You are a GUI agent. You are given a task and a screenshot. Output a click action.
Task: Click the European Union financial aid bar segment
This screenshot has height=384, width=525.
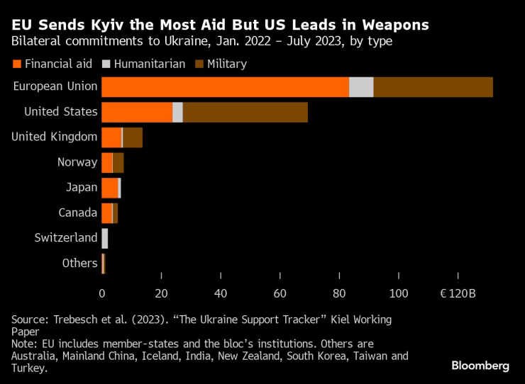pos(225,86)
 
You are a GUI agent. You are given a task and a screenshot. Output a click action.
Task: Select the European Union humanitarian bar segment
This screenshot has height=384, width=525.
pos(361,86)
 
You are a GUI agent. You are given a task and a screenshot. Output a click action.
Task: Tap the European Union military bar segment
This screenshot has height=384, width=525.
pos(433,86)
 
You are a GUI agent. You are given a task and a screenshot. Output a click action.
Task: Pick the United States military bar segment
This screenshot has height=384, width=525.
pos(245,112)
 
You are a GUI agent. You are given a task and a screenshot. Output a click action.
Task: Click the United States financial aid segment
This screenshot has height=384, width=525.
pos(137,112)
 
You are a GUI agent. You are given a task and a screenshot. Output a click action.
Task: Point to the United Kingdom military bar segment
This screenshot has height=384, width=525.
pos(133,137)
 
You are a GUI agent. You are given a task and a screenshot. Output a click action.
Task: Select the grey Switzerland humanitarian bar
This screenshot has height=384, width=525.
pos(105,238)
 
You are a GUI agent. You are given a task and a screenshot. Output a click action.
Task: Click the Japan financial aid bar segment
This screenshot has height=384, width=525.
pos(110,188)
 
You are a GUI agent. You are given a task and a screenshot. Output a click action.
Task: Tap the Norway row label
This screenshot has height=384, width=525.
pos(77,162)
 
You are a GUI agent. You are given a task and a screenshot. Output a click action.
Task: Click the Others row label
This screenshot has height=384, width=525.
pos(79,263)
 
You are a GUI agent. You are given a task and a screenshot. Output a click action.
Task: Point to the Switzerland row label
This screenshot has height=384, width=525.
pos(66,238)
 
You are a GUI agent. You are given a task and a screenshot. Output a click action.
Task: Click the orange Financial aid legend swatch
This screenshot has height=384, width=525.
pos(17,64)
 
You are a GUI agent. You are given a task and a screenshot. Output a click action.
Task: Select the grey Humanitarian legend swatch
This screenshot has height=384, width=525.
pos(108,64)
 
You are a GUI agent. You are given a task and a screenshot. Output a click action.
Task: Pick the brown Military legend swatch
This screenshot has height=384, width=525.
pos(201,64)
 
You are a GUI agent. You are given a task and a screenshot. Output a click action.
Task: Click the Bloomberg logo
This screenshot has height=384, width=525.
pos(480,366)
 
